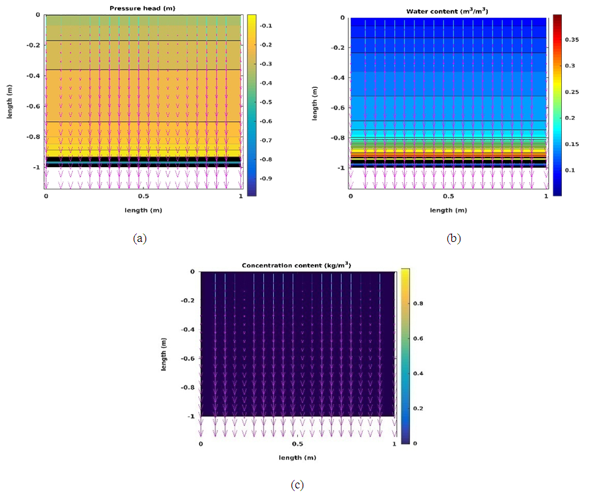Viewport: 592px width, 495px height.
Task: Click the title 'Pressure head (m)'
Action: (x=143, y=8)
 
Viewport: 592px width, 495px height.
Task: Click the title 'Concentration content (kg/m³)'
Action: (x=297, y=265)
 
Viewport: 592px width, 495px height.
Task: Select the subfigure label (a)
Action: (x=139, y=239)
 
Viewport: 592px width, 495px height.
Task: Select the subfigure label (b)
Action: (x=453, y=239)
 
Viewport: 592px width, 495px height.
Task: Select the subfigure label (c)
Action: (x=297, y=485)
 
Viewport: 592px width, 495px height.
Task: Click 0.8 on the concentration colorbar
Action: (x=418, y=304)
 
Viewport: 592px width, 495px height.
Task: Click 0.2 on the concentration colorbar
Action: (x=418, y=408)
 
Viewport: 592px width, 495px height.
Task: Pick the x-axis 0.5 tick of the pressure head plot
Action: (x=143, y=196)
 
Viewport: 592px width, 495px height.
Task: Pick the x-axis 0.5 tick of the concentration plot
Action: (x=298, y=444)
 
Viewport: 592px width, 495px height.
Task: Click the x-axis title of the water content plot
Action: (x=448, y=210)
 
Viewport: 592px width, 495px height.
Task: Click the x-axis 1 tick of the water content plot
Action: (x=546, y=196)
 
